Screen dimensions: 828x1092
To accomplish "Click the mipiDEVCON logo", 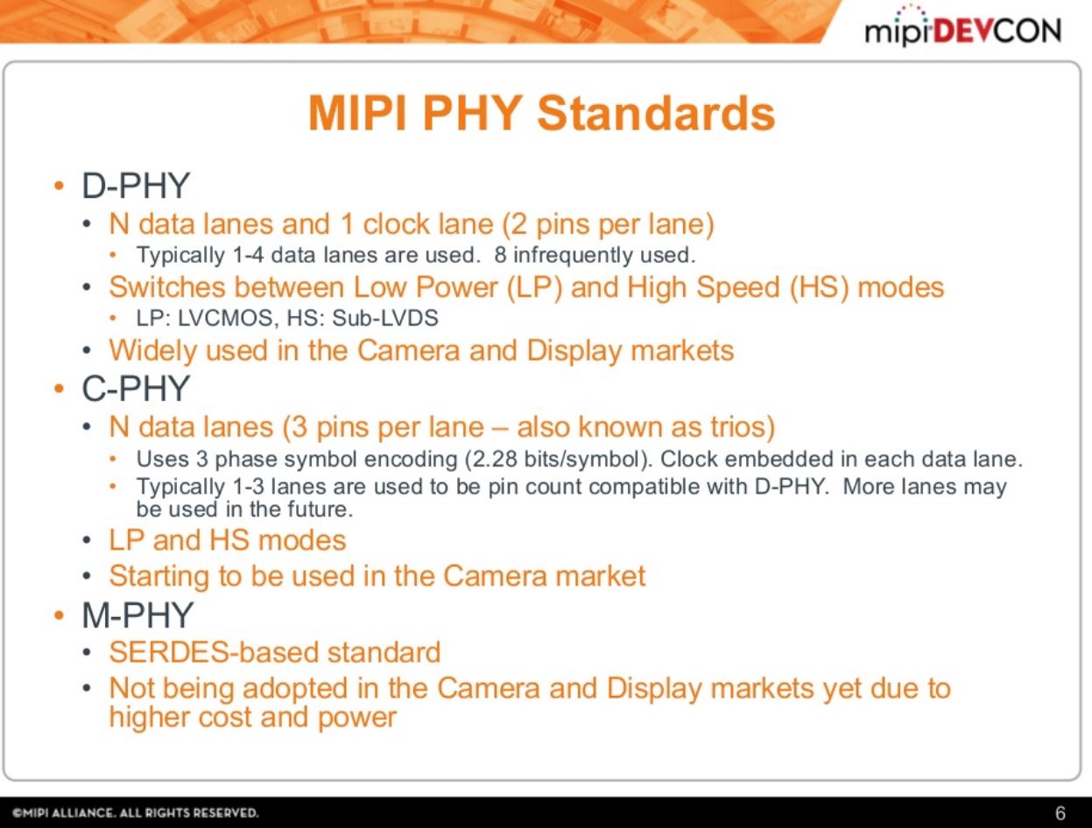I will click(x=962, y=30).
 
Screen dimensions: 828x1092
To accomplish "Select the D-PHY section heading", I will click(x=136, y=186).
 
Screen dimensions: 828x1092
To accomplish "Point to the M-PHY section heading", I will click(x=137, y=616).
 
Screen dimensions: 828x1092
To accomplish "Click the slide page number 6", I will click(x=1060, y=813).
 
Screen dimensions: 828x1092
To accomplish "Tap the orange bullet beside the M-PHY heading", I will click(x=58, y=617).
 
